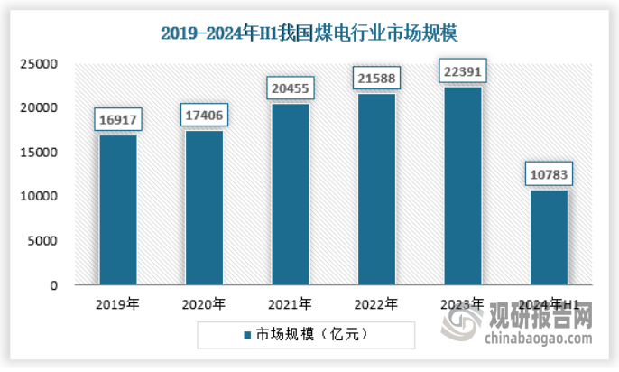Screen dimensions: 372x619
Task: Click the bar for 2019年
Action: [x=117, y=210]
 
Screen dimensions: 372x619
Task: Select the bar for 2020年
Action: [x=204, y=208]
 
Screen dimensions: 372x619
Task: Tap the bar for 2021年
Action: [x=290, y=194]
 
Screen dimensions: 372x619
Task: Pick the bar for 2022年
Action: [x=376, y=190]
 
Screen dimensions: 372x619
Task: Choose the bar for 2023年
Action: [x=462, y=186]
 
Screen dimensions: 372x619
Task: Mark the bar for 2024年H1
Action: [x=548, y=237]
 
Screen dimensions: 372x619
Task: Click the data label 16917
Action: [x=118, y=118]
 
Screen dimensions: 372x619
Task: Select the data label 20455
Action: [x=291, y=88]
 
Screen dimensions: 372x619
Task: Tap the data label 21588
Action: [x=376, y=79]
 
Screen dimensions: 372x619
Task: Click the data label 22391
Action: [x=462, y=70]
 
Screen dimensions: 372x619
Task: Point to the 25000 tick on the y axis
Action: [x=41, y=64]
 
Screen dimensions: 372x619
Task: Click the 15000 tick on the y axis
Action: [x=41, y=153]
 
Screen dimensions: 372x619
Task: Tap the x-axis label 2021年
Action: [x=290, y=303]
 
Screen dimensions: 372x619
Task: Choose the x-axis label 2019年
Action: [x=117, y=303]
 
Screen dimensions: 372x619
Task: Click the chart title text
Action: [x=309, y=34]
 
